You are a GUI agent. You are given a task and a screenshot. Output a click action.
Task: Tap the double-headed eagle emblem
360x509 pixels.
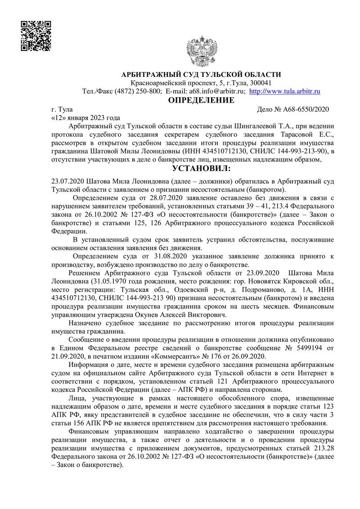[202, 52]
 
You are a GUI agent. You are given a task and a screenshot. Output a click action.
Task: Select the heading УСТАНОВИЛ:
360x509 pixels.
[201, 169]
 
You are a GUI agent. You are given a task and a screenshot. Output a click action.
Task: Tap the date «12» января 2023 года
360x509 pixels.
[86, 117]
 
